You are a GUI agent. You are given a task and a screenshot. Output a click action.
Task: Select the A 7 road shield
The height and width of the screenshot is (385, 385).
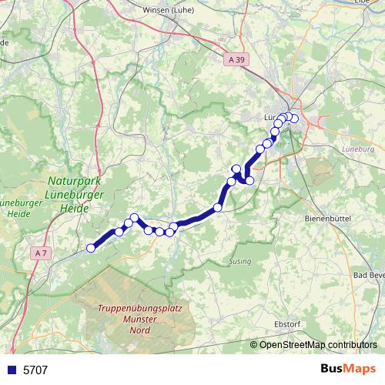(42, 253)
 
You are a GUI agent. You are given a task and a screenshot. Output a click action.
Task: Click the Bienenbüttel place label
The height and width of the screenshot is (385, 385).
(323, 219)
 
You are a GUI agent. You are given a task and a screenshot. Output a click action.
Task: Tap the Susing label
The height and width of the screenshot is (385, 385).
(239, 262)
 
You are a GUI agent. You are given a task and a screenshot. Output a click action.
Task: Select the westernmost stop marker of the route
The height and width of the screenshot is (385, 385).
(91, 247)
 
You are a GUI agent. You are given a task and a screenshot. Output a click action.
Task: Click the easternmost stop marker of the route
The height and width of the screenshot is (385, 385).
(293, 118)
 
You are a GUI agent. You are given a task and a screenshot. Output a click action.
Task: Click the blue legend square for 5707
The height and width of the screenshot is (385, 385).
(10, 370)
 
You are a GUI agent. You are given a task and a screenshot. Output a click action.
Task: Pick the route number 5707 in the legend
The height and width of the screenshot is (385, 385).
(35, 370)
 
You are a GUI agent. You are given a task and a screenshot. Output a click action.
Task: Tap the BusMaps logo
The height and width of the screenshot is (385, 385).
(349, 369)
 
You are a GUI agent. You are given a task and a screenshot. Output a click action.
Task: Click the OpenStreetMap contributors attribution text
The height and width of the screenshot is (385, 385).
(318, 344)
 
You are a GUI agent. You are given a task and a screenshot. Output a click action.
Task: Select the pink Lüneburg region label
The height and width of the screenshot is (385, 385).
(356, 149)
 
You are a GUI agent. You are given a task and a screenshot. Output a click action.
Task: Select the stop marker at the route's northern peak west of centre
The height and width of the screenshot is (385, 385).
(134, 218)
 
